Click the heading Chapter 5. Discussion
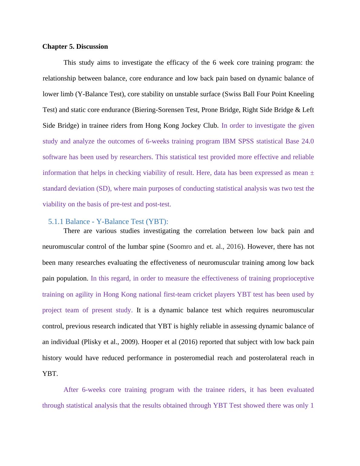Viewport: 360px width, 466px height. click(75, 47)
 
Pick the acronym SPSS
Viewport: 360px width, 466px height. click(246, 141)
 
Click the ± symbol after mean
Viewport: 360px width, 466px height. click(312, 173)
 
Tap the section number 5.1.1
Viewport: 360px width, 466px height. click(56, 222)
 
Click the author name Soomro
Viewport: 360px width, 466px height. click(181, 247)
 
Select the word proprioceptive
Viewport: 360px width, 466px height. click(293, 278)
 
